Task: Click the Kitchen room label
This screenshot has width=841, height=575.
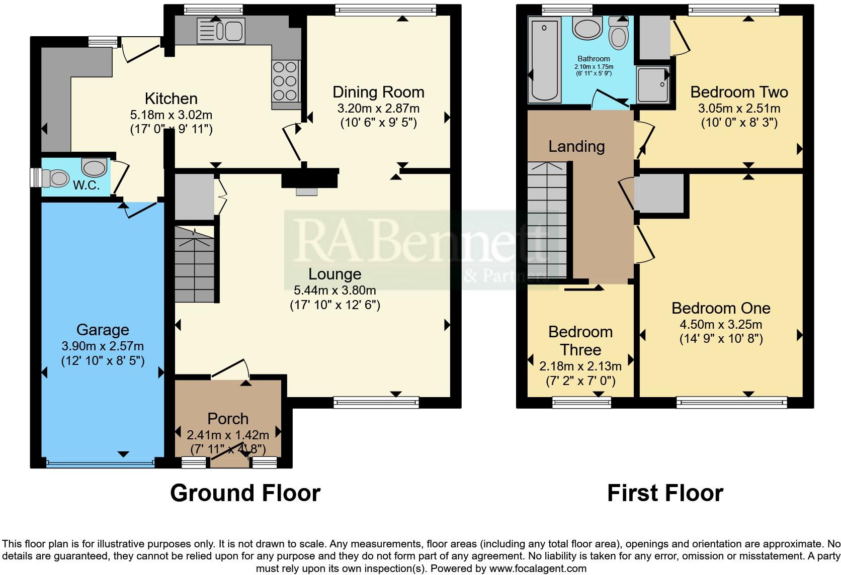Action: tap(171, 99)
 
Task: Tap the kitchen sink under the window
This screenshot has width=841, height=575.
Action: tap(221, 30)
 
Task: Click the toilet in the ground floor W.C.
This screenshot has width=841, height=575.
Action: tap(55, 177)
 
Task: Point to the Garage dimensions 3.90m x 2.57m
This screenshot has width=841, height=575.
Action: tap(103, 346)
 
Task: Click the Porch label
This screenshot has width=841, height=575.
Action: tap(228, 419)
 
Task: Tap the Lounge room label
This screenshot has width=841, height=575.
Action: tap(334, 274)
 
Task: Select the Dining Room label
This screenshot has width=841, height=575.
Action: tap(378, 92)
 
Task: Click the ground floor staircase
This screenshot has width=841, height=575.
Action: tap(195, 264)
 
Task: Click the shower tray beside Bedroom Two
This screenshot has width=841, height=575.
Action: tap(652, 84)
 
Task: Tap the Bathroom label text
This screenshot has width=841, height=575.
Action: tap(594, 59)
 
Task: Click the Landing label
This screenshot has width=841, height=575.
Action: tap(576, 146)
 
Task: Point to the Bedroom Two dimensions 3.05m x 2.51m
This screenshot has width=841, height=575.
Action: tap(739, 109)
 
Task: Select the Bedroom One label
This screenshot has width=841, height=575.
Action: tap(721, 308)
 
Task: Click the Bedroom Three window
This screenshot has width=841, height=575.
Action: tap(581, 401)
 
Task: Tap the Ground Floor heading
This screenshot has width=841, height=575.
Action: tap(245, 493)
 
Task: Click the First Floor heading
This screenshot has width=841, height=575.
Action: tap(665, 493)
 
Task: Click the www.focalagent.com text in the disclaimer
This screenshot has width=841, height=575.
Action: tap(538, 569)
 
